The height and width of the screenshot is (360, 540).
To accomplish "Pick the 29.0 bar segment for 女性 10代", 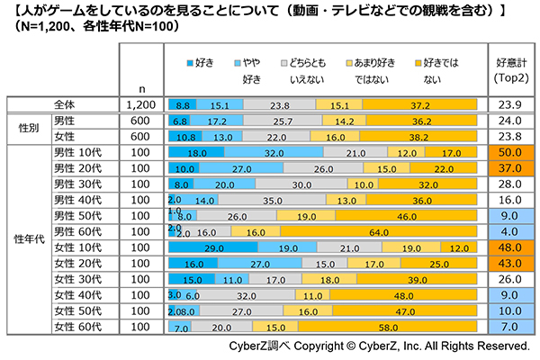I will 212,247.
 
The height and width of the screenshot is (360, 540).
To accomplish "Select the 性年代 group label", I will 27,238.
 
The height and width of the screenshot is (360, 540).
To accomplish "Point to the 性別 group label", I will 27,128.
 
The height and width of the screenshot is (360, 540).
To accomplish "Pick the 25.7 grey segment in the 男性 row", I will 283,121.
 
